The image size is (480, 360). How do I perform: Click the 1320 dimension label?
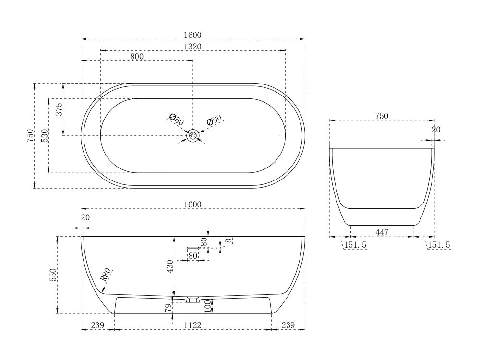(x=193, y=46)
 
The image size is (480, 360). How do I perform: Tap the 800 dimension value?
(x=137, y=57)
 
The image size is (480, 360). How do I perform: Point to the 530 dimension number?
(x=45, y=136)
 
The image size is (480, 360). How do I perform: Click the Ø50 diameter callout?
(x=176, y=120)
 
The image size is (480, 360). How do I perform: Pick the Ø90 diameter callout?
(x=214, y=120)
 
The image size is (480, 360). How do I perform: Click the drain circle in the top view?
(x=193, y=135)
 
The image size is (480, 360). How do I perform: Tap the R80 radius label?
(x=106, y=275)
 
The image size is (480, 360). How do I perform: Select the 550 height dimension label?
(x=53, y=275)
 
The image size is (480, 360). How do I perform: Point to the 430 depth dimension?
(x=170, y=266)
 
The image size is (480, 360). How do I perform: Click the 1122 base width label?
(x=192, y=325)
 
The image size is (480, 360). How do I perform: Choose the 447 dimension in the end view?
(x=382, y=232)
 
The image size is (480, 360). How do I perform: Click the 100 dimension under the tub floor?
(x=208, y=306)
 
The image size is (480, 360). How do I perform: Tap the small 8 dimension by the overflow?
(x=228, y=240)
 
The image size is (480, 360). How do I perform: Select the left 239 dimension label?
(x=97, y=325)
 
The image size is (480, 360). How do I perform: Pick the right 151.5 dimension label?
(x=439, y=245)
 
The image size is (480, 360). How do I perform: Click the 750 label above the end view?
(x=382, y=116)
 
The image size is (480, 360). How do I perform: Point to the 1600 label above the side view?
(x=193, y=204)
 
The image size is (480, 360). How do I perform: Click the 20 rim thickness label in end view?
(x=436, y=130)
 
